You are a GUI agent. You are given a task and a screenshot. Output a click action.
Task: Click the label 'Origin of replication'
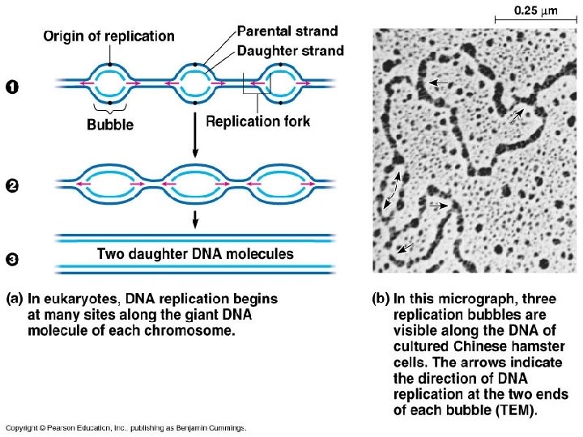109,36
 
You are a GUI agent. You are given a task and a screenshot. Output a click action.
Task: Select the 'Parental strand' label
288,32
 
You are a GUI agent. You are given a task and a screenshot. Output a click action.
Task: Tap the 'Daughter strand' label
290,50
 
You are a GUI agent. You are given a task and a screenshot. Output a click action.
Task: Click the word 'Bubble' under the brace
110,125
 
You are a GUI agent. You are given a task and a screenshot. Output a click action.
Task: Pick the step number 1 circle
12,87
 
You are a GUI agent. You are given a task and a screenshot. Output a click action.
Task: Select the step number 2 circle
12,187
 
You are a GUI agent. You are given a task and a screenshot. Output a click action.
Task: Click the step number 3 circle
12,260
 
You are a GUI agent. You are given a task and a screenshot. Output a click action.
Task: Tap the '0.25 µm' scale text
538,11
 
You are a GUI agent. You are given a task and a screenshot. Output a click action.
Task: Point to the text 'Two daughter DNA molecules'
195,253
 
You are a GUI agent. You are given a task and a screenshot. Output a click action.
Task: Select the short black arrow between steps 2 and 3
194,218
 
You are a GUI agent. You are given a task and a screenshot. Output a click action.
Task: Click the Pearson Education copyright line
126,426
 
